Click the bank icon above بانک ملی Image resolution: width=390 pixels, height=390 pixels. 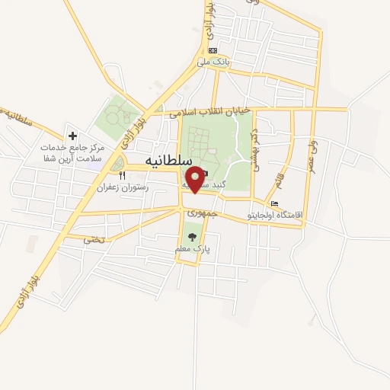pyautogui.click(x=213, y=50)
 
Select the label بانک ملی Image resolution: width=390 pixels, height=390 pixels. pyautogui.click(x=213, y=62)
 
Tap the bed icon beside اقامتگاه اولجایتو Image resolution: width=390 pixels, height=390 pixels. pyautogui.click(x=275, y=203)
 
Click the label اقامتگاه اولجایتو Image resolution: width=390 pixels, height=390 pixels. pyautogui.click(x=276, y=216)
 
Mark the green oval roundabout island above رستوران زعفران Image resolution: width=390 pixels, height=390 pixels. pyautogui.click(x=117, y=162)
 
